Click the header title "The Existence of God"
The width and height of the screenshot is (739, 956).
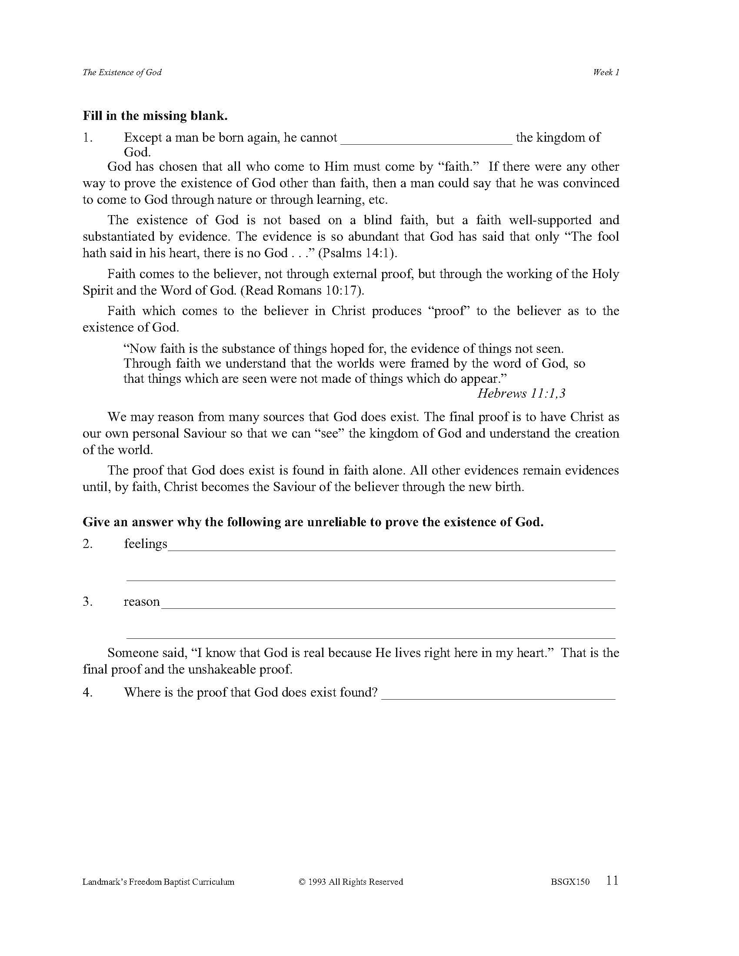122,72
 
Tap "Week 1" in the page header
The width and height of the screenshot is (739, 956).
606,72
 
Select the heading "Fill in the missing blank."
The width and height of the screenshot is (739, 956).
155,116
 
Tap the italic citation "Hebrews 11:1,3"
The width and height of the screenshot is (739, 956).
521,393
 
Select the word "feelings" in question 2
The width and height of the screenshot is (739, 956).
145,544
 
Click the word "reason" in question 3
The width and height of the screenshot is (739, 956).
141,602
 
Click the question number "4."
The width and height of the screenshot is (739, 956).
87,693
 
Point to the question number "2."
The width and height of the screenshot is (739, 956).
87,544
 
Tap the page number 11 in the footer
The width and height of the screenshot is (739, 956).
613,880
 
